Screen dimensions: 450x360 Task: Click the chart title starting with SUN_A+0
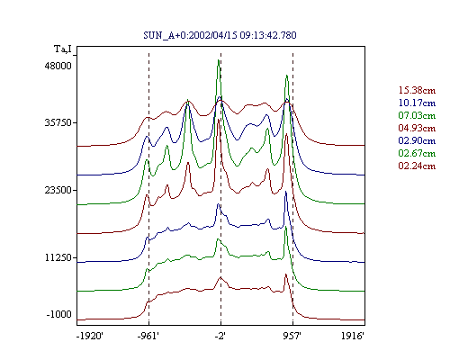pos(220,35)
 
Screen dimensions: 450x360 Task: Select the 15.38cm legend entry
pos(417,90)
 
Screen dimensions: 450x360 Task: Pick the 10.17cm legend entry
pos(417,103)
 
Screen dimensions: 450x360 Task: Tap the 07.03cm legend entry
pos(417,115)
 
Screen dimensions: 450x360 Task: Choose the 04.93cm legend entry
pos(417,128)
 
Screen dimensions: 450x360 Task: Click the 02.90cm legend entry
pos(417,140)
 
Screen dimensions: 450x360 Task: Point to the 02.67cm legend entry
pos(417,153)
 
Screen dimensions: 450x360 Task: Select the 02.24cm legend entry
pos(417,166)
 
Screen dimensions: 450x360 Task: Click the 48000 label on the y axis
pos(58,66)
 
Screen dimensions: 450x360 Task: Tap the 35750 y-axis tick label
pos(58,122)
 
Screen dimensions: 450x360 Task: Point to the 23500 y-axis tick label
pos(58,190)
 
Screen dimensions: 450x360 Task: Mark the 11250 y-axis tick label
pos(58,257)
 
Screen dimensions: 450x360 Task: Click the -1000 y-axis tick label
pos(59,314)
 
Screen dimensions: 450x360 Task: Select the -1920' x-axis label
pos(90,336)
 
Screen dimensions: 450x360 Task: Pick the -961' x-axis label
pos(148,336)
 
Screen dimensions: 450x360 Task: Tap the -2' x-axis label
pos(220,336)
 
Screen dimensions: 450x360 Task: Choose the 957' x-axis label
pos(292,336)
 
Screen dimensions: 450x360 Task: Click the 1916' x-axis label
pos(353,336)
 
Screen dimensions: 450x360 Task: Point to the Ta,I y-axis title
pos(63,49)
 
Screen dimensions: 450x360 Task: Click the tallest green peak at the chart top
pos(219,60)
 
